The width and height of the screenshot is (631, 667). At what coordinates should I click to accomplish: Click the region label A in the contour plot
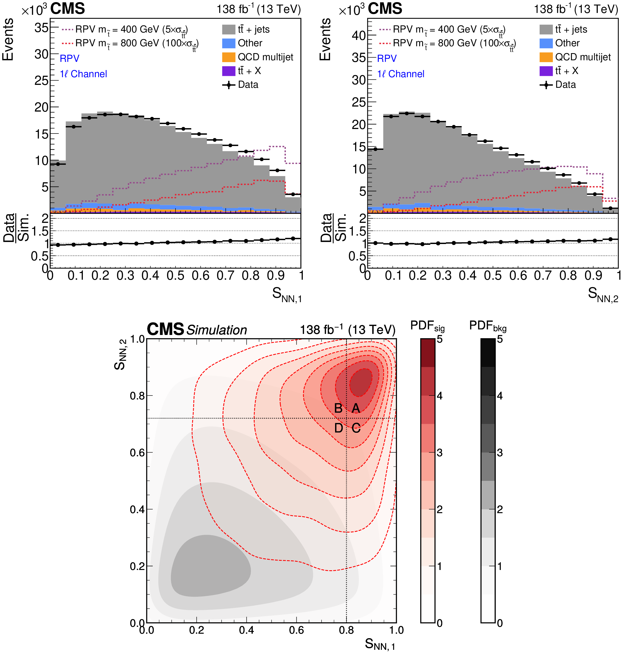click(x=355, y=408)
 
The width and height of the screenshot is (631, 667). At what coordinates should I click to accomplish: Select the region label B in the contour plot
click(x=338, y=408)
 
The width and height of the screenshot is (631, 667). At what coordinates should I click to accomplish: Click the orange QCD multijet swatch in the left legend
click(x=228, y=57)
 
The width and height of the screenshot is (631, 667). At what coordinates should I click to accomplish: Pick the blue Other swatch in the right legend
click(x=546, y=43)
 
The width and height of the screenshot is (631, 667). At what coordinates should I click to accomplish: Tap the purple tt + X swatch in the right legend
click(x=546, y=71)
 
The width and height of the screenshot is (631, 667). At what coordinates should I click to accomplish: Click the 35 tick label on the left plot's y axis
click(x=41, y=27)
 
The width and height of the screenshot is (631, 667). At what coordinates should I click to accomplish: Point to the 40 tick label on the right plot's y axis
click(x=359, y=35)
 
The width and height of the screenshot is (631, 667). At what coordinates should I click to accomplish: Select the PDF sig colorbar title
click(x=427, y=326)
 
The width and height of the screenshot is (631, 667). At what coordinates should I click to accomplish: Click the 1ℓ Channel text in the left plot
click(x=83, y=74)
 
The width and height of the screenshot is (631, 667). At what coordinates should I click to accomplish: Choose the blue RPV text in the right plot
click(x=387, y=58)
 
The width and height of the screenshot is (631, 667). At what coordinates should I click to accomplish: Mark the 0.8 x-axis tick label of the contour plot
click(x=346, y=630)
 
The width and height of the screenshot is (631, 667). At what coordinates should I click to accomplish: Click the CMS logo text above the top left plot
click(x=67, y=8)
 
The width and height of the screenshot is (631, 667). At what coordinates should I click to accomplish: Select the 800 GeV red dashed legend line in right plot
click(x=385, y=43)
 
